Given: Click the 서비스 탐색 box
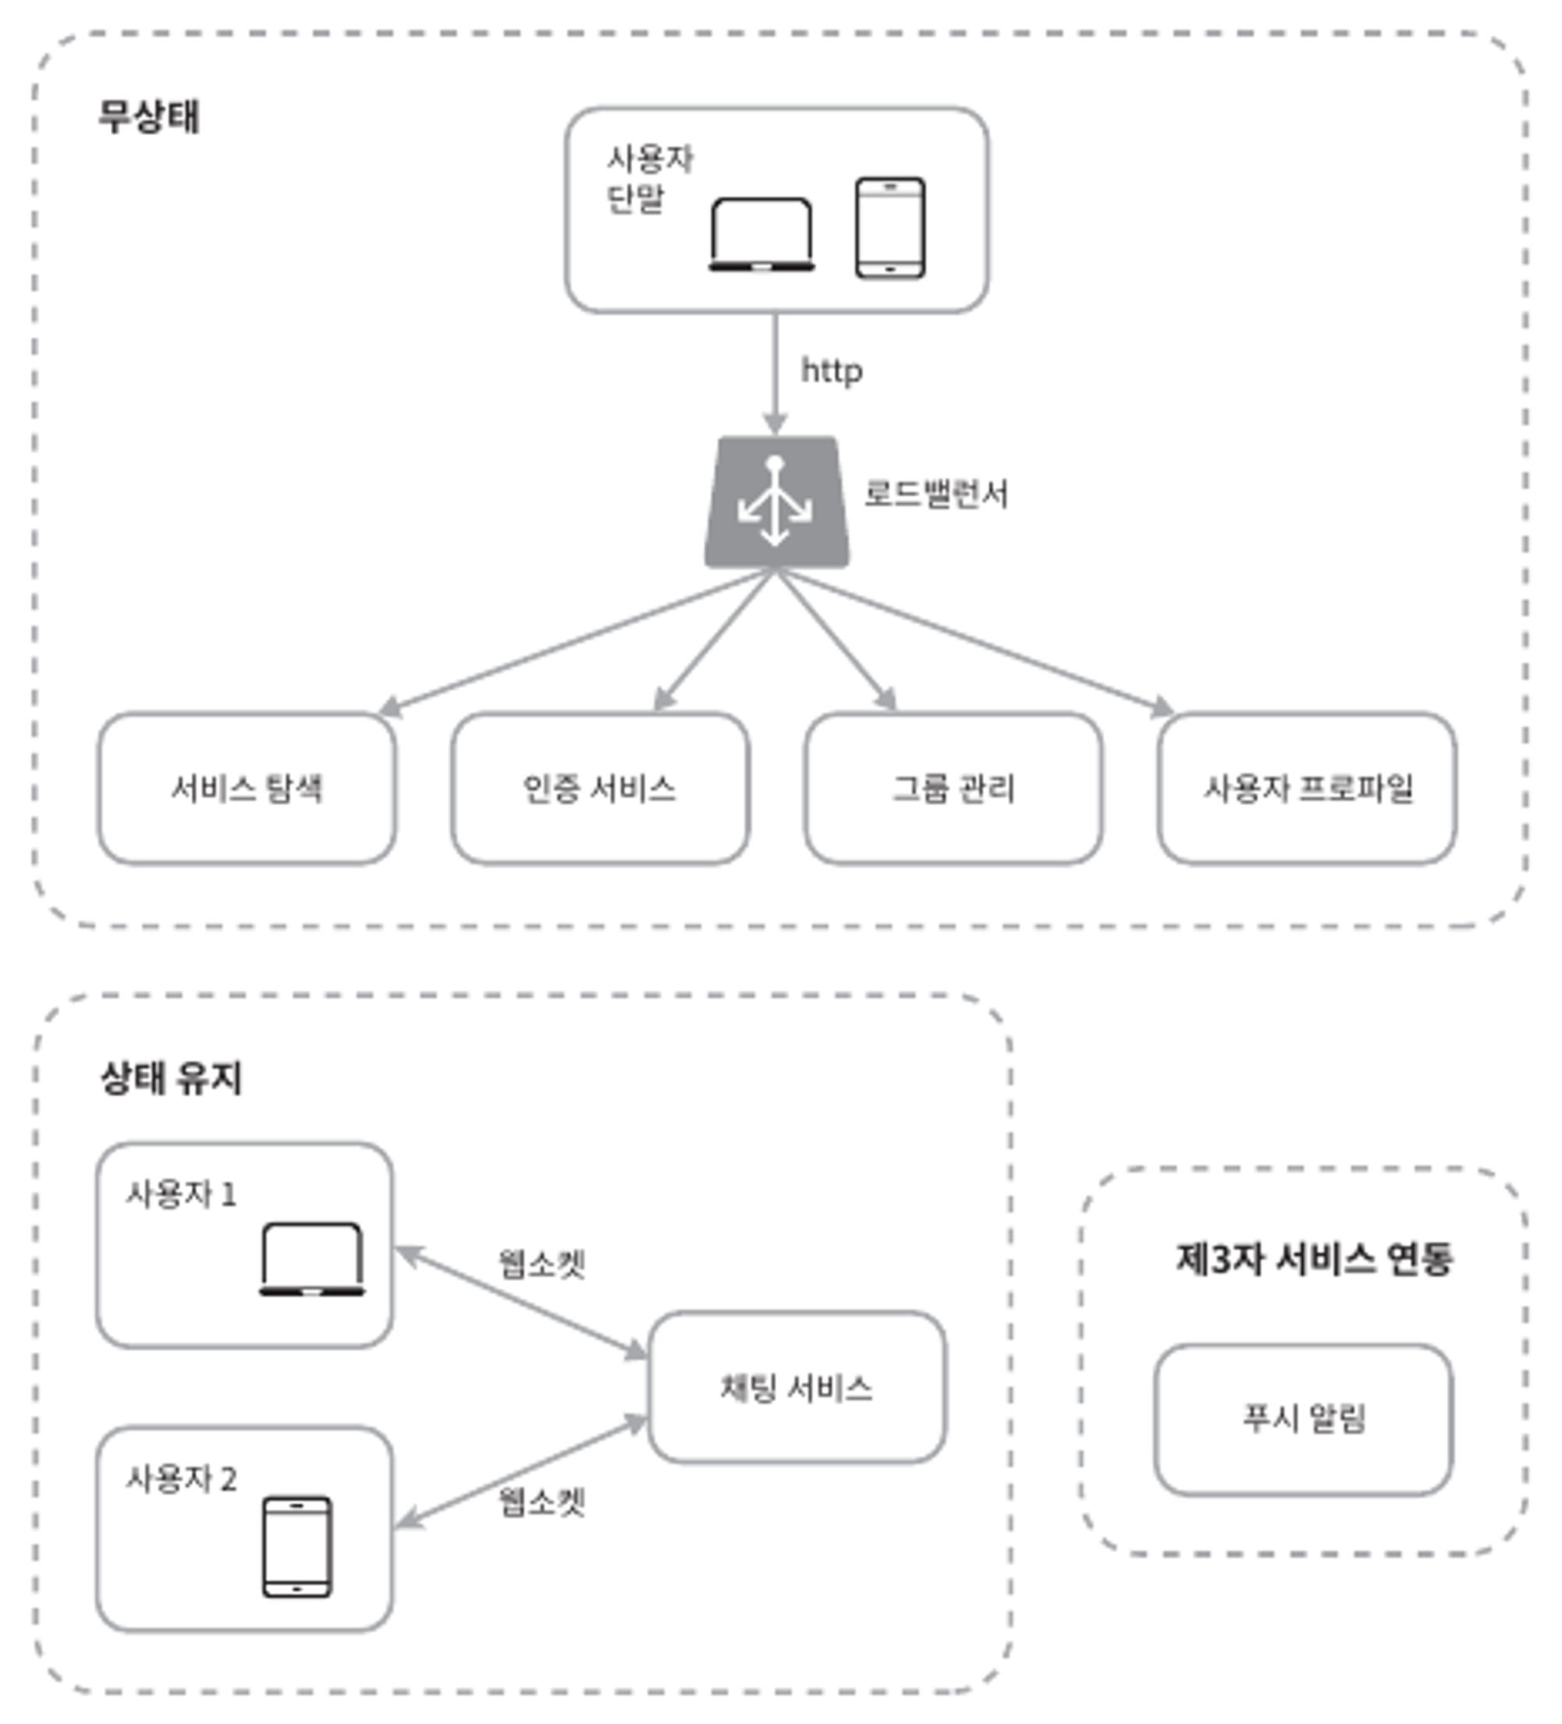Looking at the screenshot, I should pyautogui.click(x=247, y=788).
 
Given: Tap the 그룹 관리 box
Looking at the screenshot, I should pyautogui.click(x=953, y=788).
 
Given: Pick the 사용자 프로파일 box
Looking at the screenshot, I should pyautogui.click(x=1307, y=788).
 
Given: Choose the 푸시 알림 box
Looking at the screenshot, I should pyautogui.click(x=1303, y=1420).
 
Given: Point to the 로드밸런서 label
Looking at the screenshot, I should pyautogui.click(x=935, y=494).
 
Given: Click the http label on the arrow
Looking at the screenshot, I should pyautogui.click(x=832, y=371).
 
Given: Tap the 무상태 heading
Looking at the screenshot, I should pyautogui.click(x=149, y=115).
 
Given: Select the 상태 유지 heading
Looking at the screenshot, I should pyautogui.click(x=171, y=1077).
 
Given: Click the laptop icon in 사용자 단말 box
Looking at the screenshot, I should pyautogui.click(x=761, y=234).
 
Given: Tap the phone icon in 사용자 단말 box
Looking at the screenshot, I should pyautogui.click(x=890, y=228).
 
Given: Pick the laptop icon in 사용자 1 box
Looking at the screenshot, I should pyautogui.click(x=312, y=1259).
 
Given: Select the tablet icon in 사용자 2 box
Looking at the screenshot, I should pyautogui.click(x=296, y=1546).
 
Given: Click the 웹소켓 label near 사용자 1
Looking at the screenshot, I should pyautogui.click(x=542, y=1263).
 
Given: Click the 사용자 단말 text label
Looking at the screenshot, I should pyautogui.click(x=648, y=178).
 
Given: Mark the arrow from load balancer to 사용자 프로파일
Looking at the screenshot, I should pyautogui.click(x=975, y=641).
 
